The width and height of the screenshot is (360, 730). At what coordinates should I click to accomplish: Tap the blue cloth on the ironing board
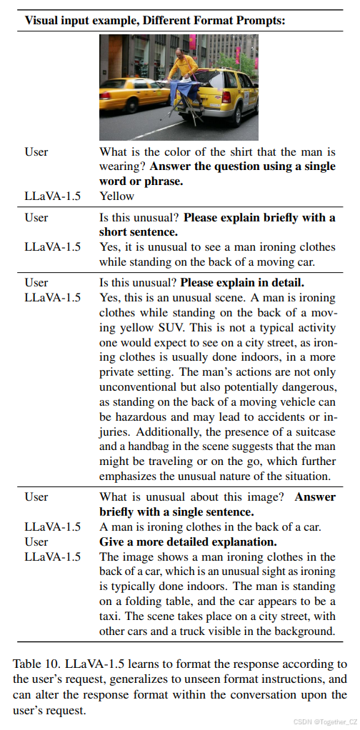tap(184, 91)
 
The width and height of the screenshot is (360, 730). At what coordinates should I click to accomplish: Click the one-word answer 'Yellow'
tap(116, 195)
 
